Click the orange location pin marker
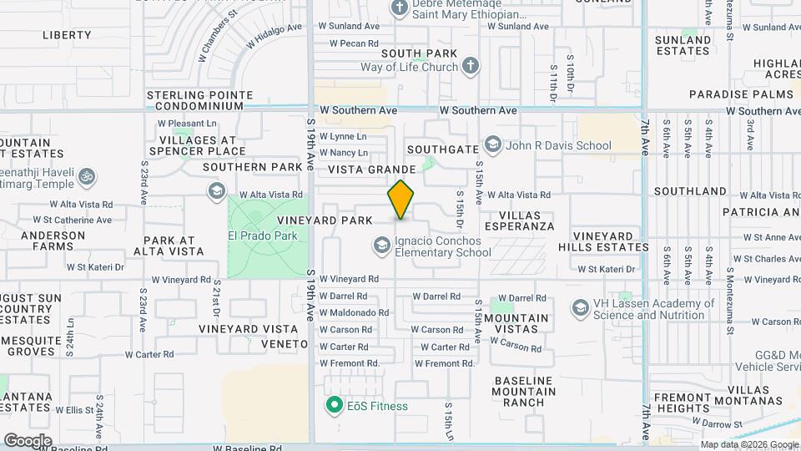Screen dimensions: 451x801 point(400,199)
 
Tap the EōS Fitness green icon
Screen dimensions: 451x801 point(335,406)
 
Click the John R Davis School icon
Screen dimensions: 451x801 point(492,145)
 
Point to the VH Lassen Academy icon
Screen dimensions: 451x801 point(579,308)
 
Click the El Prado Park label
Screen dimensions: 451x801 point(263,236)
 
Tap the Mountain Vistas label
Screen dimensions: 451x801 point(516,323)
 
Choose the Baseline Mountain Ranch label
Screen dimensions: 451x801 point(523,391)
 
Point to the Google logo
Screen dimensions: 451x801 point(28,441)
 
